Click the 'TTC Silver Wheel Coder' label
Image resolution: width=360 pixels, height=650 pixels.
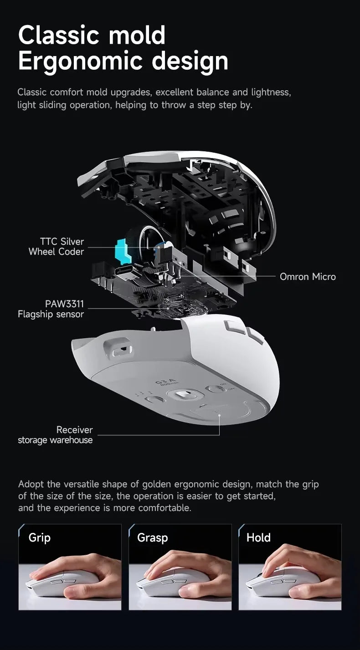coord(56,247)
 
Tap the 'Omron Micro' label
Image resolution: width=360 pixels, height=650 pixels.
coord(308,277)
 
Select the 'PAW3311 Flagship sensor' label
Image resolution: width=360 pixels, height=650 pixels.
coord(51,309)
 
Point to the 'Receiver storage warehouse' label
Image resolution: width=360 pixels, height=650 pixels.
coord(55,435)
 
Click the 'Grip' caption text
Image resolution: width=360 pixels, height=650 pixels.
coord(39,537)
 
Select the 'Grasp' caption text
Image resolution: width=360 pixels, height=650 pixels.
coord(152,537)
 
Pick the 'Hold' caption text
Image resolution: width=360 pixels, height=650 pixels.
coord(258,537)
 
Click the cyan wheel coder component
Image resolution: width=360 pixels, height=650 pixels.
coord(122,250)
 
